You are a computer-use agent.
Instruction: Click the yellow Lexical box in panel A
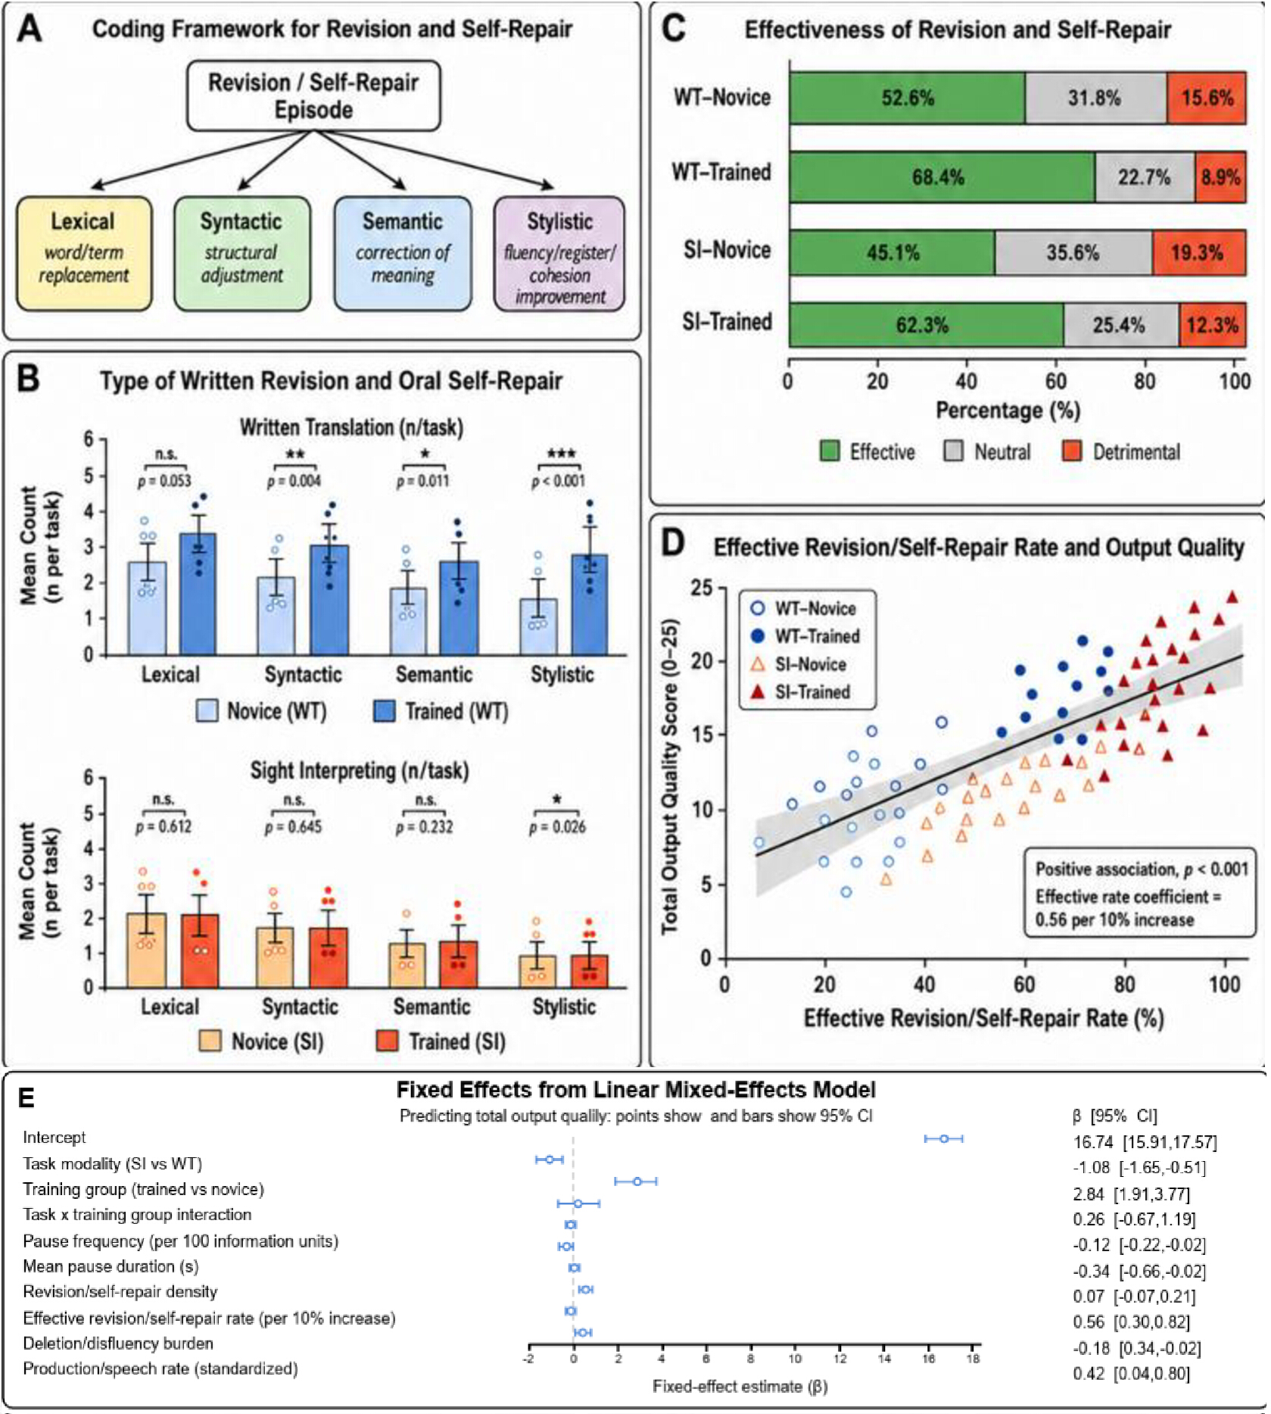coord(84,254)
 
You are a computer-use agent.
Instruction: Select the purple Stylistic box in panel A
coord(559,254)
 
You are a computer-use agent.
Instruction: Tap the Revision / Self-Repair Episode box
coord(313,95)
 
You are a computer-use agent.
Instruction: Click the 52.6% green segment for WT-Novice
coord(907,98)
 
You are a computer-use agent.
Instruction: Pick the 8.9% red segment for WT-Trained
coord(1220,177)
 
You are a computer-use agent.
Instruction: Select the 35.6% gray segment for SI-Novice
coord(1073,252)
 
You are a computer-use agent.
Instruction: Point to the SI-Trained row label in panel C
coord(727,322)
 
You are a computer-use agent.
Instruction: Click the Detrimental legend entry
coord(1121,452)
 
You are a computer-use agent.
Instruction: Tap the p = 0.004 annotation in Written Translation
coord(294,481)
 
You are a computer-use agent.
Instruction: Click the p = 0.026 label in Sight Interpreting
coord(557,826)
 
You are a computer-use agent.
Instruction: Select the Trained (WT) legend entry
coord(441,711)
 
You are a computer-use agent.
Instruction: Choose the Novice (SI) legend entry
coord(262,1041)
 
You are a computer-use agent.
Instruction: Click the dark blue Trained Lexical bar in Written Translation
coord(198,594)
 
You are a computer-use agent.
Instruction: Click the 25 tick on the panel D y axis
coord(702,588)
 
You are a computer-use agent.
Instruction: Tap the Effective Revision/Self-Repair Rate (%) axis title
coord(983,1018)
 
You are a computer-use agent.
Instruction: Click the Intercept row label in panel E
coord(54,1138)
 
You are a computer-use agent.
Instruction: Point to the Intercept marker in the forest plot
coord(943,1138)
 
